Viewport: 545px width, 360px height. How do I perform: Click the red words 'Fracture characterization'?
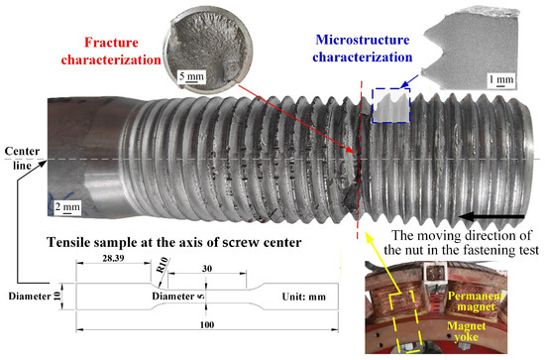111,52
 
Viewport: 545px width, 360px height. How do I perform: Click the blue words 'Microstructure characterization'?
362,49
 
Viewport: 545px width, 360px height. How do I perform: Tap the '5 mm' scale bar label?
191,75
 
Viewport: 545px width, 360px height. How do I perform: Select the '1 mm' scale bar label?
500,79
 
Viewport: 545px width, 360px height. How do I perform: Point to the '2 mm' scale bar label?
67,207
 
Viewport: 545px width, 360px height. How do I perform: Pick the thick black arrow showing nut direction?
491,217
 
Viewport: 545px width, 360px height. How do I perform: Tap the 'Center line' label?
22,159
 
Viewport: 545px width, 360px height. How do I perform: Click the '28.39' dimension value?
113,259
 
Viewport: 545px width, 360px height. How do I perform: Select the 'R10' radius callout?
162,266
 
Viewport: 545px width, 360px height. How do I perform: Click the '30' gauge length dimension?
207,269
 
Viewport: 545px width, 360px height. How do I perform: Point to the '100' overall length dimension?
207,325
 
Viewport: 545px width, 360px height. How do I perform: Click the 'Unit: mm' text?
304,297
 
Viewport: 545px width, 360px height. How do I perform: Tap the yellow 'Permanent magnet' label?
475,301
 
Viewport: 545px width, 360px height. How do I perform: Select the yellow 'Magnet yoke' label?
466,331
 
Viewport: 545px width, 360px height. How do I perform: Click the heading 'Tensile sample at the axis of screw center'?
174,242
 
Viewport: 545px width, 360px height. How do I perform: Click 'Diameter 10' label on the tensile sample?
35,297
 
